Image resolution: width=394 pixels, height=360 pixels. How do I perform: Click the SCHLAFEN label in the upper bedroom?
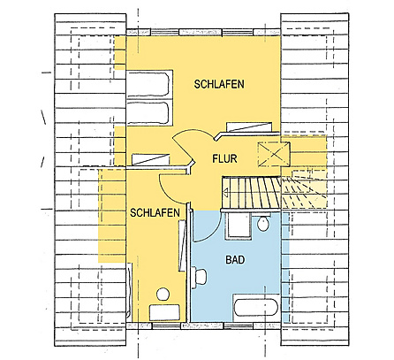point(219,83)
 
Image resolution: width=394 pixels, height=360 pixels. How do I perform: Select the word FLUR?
point(227,160)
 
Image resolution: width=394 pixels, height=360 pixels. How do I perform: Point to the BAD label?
point(235,262)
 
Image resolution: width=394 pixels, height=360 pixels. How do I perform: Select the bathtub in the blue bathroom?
point(257,309)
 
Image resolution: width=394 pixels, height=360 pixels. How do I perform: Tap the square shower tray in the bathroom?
point(239,226)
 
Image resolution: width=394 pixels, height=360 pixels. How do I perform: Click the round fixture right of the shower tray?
point(262,226)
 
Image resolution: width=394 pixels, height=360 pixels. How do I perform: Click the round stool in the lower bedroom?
point(162,293)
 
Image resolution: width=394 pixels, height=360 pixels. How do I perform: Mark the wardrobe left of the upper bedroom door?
point(148,157)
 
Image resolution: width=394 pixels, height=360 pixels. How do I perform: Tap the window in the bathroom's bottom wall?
point(239,326)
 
